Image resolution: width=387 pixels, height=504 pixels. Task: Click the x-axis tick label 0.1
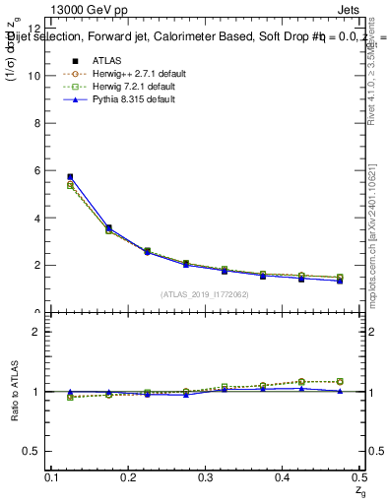point(54,476)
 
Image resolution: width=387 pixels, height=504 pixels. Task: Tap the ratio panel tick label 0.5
point(32,451)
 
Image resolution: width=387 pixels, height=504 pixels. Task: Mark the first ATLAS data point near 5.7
point(70,177)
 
